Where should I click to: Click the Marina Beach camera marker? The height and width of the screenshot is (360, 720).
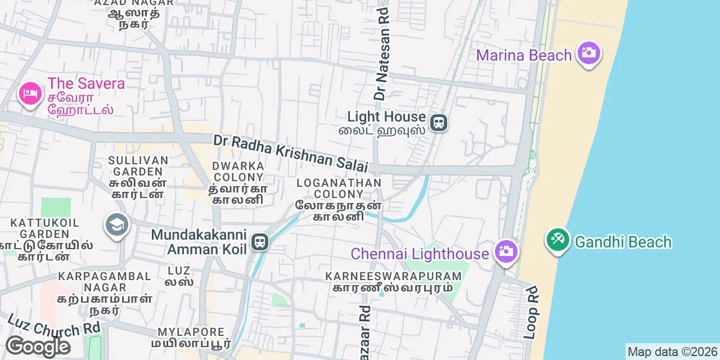coord(589,53)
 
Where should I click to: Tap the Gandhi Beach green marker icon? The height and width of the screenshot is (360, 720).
coord(558,240)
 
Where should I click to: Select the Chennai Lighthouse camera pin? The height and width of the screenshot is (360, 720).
coord(506,251)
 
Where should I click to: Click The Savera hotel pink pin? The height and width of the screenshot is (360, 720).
coord(30,93)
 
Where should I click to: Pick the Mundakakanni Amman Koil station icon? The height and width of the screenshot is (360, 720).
coord(259,242)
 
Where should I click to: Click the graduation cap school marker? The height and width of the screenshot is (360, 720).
coord(117,226)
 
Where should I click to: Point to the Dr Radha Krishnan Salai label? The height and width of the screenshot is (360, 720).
coord(290,153)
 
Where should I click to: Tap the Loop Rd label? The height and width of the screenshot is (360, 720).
coord(531,312)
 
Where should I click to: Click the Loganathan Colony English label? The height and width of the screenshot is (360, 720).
coord(339,188)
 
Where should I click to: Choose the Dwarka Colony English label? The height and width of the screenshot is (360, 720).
coord(238,172)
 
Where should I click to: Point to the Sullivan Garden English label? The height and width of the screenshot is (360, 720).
coord(138,166)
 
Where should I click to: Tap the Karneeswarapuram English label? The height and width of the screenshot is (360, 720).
coord(393,276)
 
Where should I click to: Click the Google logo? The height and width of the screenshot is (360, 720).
coord(38,346)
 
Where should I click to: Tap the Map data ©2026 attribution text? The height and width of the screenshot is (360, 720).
coord(672,352)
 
